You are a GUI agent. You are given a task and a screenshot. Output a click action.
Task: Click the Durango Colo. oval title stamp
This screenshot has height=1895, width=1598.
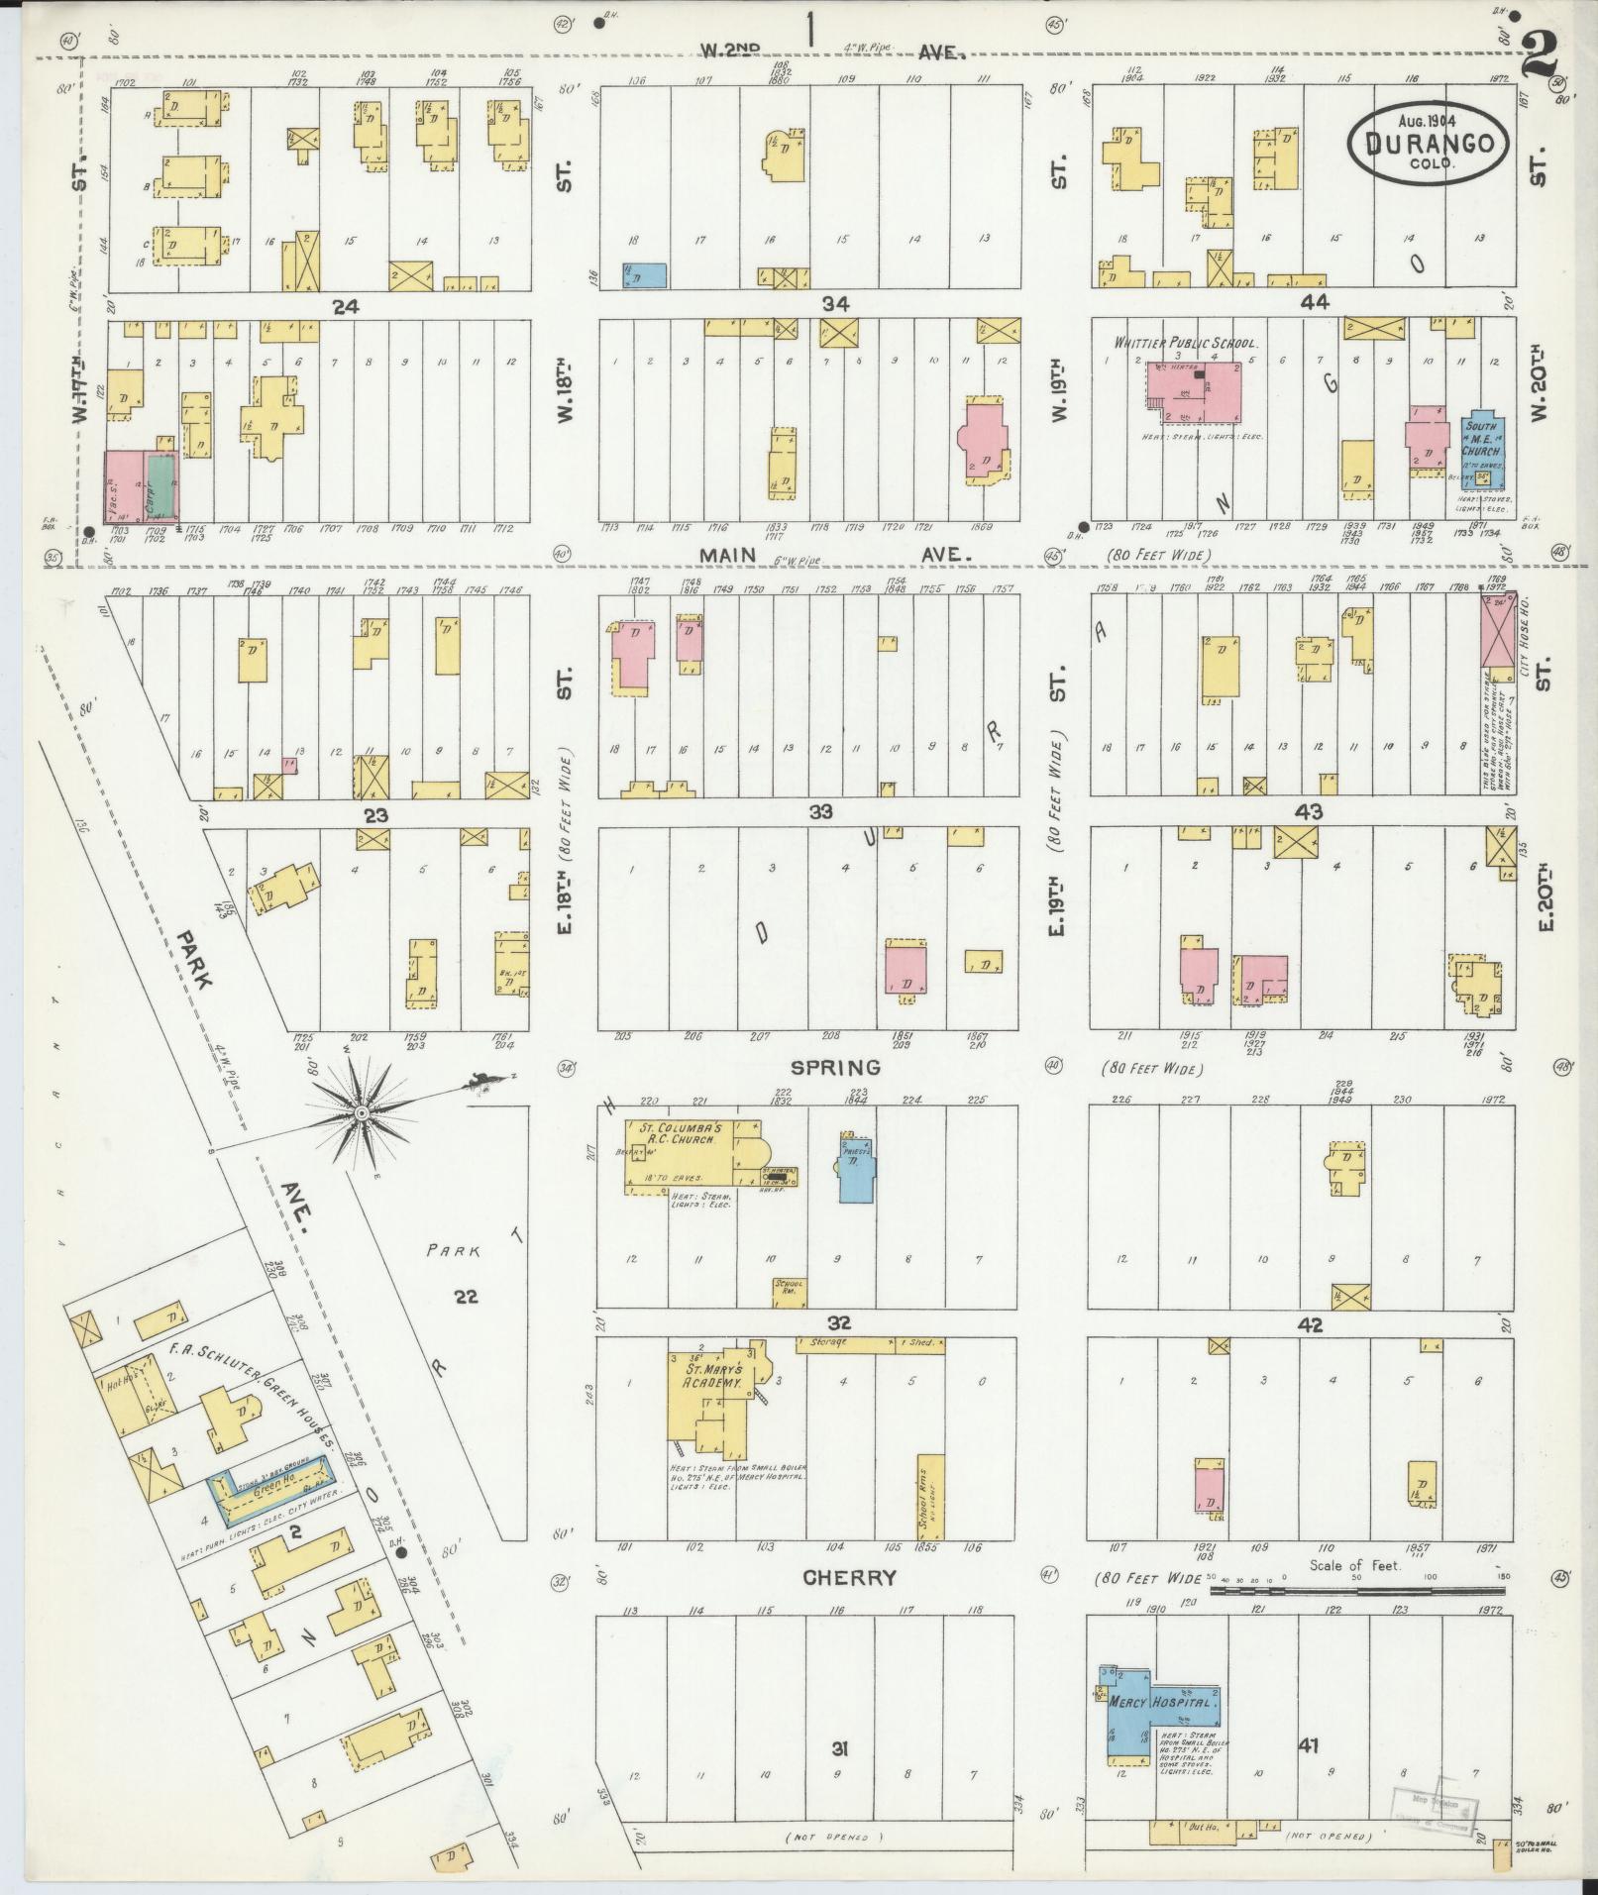pos(1430,144)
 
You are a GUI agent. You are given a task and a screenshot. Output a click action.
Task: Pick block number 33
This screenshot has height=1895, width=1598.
pos(820,812)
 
